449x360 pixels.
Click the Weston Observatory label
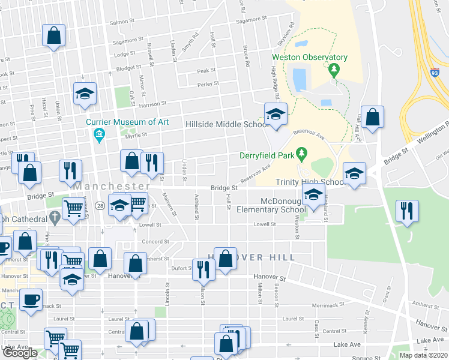(x=310, y=58)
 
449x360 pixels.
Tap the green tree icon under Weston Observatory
(x=334, y=70)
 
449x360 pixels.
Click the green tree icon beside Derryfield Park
(x=303, y=154)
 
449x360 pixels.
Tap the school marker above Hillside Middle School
(x=276, y=115)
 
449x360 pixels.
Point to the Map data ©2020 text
(x=423, y=355)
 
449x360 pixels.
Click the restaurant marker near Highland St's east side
(x=407, y=212)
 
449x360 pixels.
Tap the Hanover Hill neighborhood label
(x=252, y=257)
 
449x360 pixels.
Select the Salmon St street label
(x=124, y=23)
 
